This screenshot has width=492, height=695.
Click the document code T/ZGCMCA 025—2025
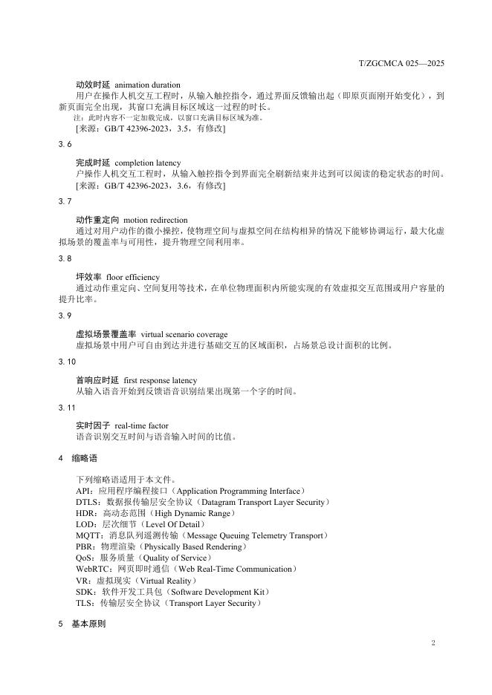pos(402,64)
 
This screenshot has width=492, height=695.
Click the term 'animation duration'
pos(148,85)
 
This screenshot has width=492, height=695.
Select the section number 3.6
pos(65,143)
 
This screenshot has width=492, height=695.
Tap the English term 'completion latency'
pos(148,163)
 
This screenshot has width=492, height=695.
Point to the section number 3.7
pos(65,201)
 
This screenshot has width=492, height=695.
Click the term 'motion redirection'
pos(155,221)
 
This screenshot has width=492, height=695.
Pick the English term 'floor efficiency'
pos(133,278)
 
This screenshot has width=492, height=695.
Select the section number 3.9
pos(65,316)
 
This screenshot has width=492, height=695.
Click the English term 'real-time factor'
pos(142,426)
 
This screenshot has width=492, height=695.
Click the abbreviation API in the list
pos(83,492)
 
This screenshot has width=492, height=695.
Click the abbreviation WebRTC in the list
pos(93,570)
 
